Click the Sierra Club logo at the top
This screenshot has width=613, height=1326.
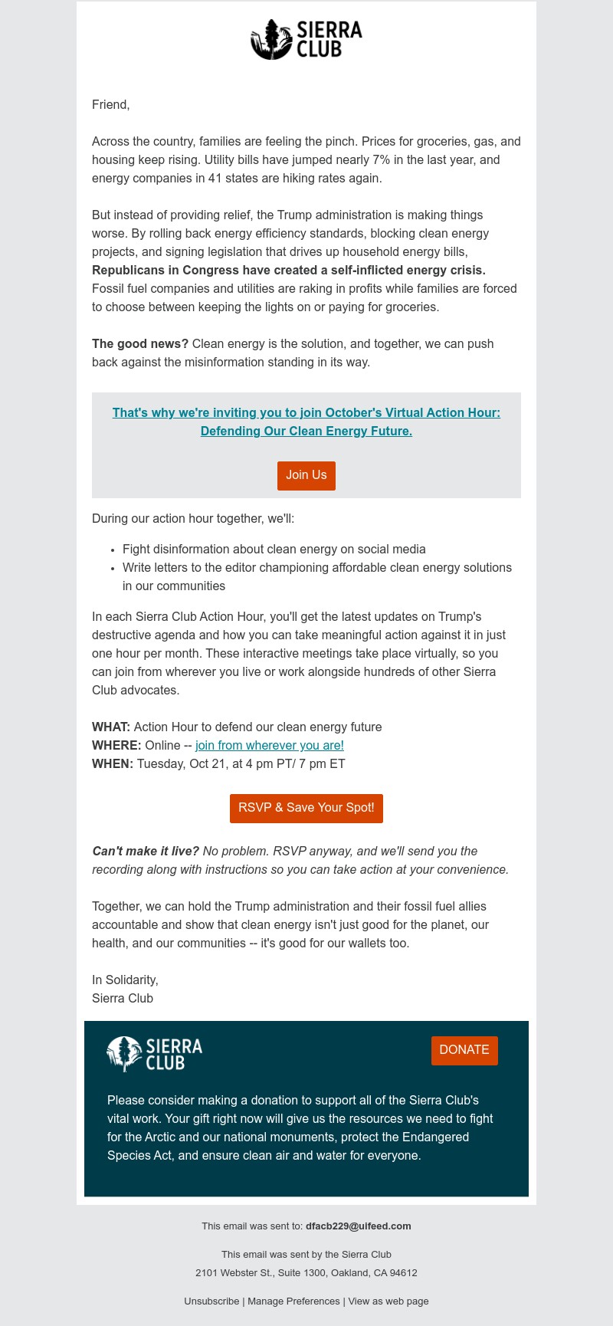[x=306, y=40]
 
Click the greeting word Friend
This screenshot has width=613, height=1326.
[x=110, y=105]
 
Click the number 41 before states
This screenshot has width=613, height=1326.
[x=215, y=179]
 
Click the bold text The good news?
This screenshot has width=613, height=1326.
[x=140, y=344]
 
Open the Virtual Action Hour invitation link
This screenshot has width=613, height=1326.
[x=306, y=422]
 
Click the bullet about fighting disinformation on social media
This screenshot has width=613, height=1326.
[x=274, y=550]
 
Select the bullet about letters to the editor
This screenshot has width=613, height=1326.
[x=316, y=568]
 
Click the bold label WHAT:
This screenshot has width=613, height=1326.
[x=111, y=727]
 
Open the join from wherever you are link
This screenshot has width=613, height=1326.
[x=270, y=746]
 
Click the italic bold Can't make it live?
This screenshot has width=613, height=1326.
[x=146, y=852]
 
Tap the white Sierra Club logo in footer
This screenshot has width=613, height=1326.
[x=155, y=1053]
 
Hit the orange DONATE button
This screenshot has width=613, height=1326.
[x=464, y=1050]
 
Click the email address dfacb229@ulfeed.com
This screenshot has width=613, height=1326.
[x=358, y=1226]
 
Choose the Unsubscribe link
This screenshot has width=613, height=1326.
[x=211, y=1301]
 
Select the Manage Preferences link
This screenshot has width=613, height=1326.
[x=293, y=1301]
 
